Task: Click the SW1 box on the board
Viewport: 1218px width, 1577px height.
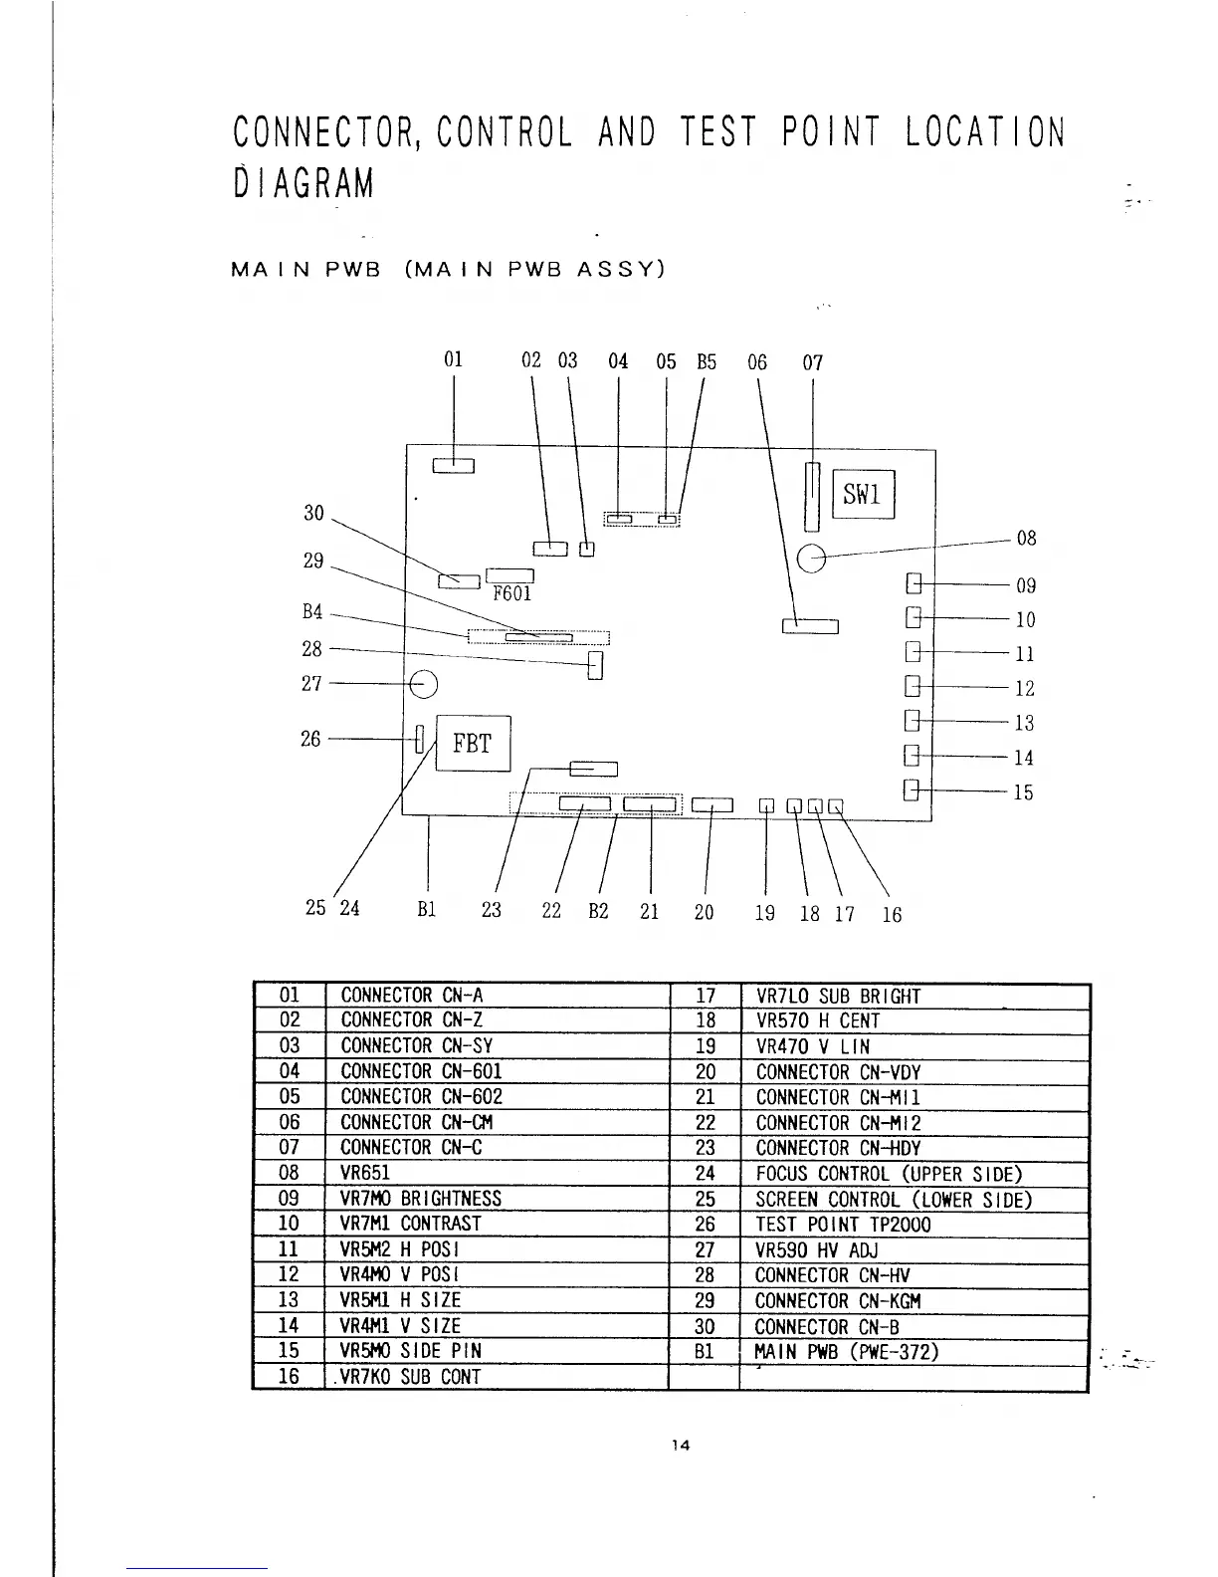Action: [863, 495]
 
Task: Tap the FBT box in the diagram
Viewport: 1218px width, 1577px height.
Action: [473, 744]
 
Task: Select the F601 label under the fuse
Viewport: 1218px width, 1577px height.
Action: [511, 594]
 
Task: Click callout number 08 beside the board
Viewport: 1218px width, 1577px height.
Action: [1026, 539]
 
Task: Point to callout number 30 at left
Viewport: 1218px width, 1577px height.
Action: [313, 514]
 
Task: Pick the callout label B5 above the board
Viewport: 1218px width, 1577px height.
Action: [706, 361]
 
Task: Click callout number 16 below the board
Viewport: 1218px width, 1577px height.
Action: [892, 914]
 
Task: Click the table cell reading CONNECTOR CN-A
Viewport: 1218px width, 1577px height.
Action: [412, 996]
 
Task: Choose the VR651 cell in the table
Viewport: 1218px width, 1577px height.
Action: [367, 1173]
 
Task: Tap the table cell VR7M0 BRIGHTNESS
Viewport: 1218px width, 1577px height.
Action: [421, 1199]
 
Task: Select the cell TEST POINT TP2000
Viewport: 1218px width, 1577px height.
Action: [843, 1225]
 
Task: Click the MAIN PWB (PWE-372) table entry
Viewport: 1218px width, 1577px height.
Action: [847, 1351]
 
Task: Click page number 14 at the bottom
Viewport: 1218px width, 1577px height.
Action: [681, 1446]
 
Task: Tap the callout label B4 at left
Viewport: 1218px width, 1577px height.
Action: [311, 612]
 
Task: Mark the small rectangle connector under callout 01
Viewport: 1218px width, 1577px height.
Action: [454, 466]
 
